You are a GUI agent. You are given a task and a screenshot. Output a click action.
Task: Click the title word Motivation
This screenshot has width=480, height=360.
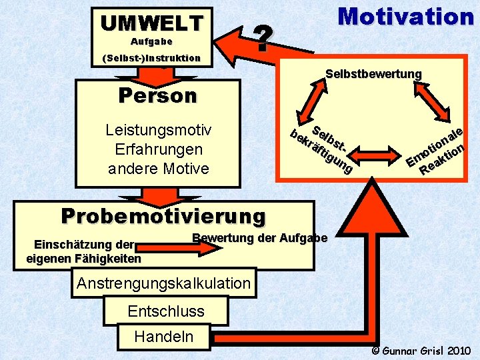coord(405,16)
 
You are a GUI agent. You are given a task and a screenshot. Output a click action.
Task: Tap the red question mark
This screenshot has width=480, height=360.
coord(264,39)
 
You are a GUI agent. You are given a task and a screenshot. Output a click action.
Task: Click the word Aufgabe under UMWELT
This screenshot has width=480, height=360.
coord(151,41)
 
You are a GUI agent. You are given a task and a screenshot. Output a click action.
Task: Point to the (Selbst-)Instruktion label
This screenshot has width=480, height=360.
coord(151,58)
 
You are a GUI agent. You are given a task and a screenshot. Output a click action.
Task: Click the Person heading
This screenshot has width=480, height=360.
coord(157,96)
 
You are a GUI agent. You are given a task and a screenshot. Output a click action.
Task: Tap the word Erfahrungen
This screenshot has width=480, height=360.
coord(159,149)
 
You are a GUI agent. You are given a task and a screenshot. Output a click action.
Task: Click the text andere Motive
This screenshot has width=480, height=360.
coord(159,169)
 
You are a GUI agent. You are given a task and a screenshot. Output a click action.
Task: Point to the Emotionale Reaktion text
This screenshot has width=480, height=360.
coord(435,151)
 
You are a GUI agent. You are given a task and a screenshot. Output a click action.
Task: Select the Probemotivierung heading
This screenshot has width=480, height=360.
coord(163,216)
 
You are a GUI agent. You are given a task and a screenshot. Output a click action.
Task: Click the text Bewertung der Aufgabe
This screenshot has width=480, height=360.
coord(259,238)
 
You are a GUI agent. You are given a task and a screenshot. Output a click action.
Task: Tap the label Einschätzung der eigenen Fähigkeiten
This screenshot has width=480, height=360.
coord(84,251)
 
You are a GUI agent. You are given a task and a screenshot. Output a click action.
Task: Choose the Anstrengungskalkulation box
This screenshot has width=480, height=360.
coord(163,283)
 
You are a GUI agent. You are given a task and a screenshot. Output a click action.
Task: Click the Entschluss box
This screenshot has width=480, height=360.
coord(166,311)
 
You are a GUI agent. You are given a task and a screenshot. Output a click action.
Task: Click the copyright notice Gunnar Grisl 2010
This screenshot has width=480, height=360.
coord(421,350)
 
